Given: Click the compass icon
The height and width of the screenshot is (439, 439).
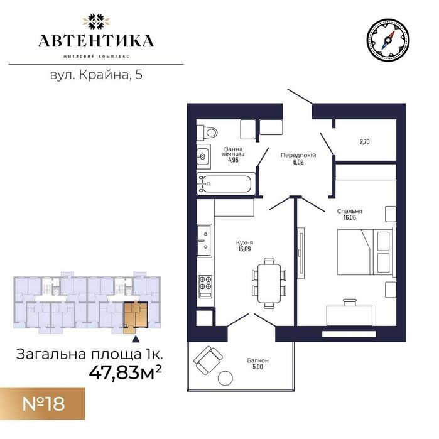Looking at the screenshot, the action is (x=388, y=40).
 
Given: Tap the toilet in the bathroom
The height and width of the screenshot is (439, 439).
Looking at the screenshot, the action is (x=207, y=132).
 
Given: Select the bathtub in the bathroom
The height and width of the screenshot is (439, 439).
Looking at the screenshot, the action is (x=226, y=183).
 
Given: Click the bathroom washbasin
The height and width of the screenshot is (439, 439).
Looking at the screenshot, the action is (x=203, y=157).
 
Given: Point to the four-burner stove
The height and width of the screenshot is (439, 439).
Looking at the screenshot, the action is (x=205, y=286).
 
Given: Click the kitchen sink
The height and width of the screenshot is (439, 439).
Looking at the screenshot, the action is (x=204, y=240).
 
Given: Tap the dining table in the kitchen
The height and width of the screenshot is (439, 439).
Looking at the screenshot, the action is (x=269, y=283).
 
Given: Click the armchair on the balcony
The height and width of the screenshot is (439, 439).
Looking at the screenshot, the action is (x=209, y=359).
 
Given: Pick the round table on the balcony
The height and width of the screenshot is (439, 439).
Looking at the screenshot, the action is (x=225, y=379).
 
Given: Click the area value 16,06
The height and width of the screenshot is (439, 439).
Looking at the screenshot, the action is (x=350, y=217).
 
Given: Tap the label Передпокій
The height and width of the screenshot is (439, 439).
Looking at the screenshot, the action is (x=298, y=155).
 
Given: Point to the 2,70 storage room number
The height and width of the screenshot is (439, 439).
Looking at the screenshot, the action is (x=364, y=142).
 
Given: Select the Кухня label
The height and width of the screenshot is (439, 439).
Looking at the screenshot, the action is (x=244, y=242).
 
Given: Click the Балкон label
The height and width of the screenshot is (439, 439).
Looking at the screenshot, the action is (x=258, y=360).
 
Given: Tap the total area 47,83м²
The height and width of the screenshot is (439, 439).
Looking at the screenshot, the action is (x=125, y=372).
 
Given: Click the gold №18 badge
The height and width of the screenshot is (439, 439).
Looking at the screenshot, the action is (x=42, y=404).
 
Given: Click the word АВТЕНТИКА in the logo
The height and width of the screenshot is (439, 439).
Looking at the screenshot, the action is (x=96, y=41).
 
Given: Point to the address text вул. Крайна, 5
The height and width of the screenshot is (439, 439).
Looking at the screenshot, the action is (x=96, y=75).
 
